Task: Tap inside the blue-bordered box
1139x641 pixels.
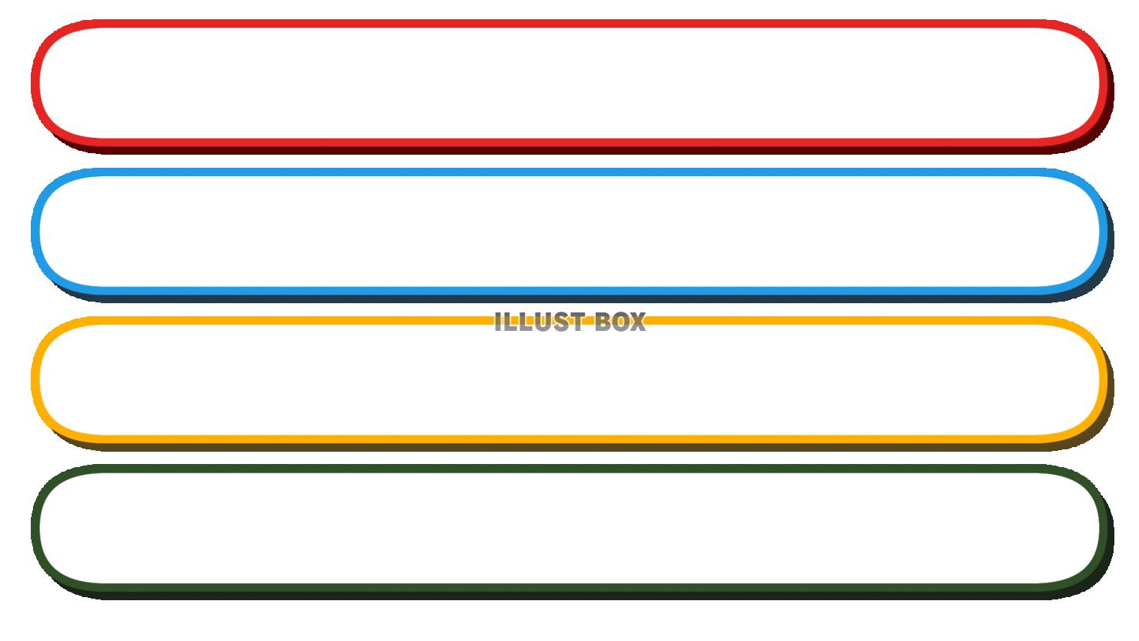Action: point(569,231)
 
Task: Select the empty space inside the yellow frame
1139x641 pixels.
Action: point(569,381)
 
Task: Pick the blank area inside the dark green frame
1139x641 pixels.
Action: point(569,528)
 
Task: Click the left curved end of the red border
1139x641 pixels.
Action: point(35,82)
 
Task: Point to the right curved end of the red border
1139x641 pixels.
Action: point(1104,82)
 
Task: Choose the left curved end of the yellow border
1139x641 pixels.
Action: point(35,379)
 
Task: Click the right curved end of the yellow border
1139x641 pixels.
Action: point(1104,379)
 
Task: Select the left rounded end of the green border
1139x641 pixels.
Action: point(35,528)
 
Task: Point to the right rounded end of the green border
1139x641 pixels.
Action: point(1104,528)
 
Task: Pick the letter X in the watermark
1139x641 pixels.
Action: point(637,322)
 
